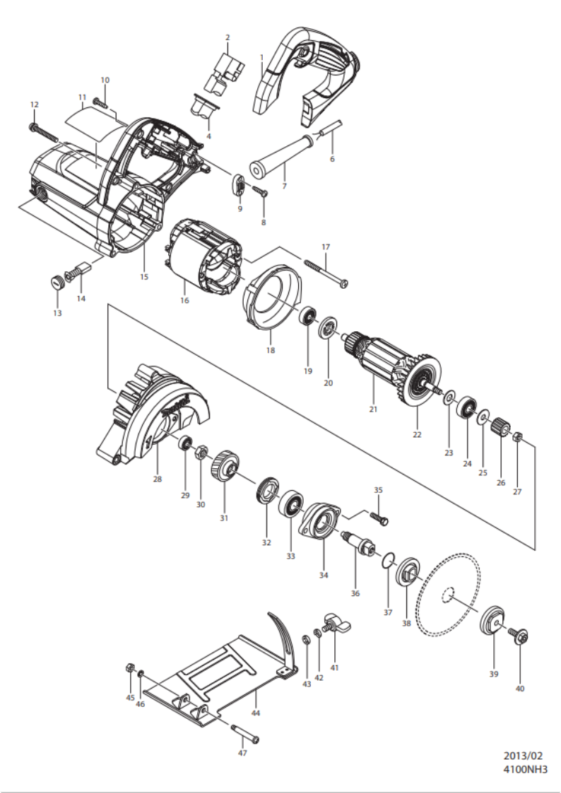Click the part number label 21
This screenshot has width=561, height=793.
point(373,409)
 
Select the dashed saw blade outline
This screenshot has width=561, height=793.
point(447,595)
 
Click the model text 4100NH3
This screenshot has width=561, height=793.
point(525,770)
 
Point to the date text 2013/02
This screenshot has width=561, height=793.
point(523,756)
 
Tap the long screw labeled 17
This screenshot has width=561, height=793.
point(327,273)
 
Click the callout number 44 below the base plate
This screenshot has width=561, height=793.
point(256,713)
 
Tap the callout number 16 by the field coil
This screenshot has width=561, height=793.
point(184,300)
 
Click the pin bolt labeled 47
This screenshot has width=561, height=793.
point(246,733)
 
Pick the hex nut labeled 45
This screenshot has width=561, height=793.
point(129,667)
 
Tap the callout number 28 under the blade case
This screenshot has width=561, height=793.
point(158,479)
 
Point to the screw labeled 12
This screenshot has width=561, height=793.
point(45,131)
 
